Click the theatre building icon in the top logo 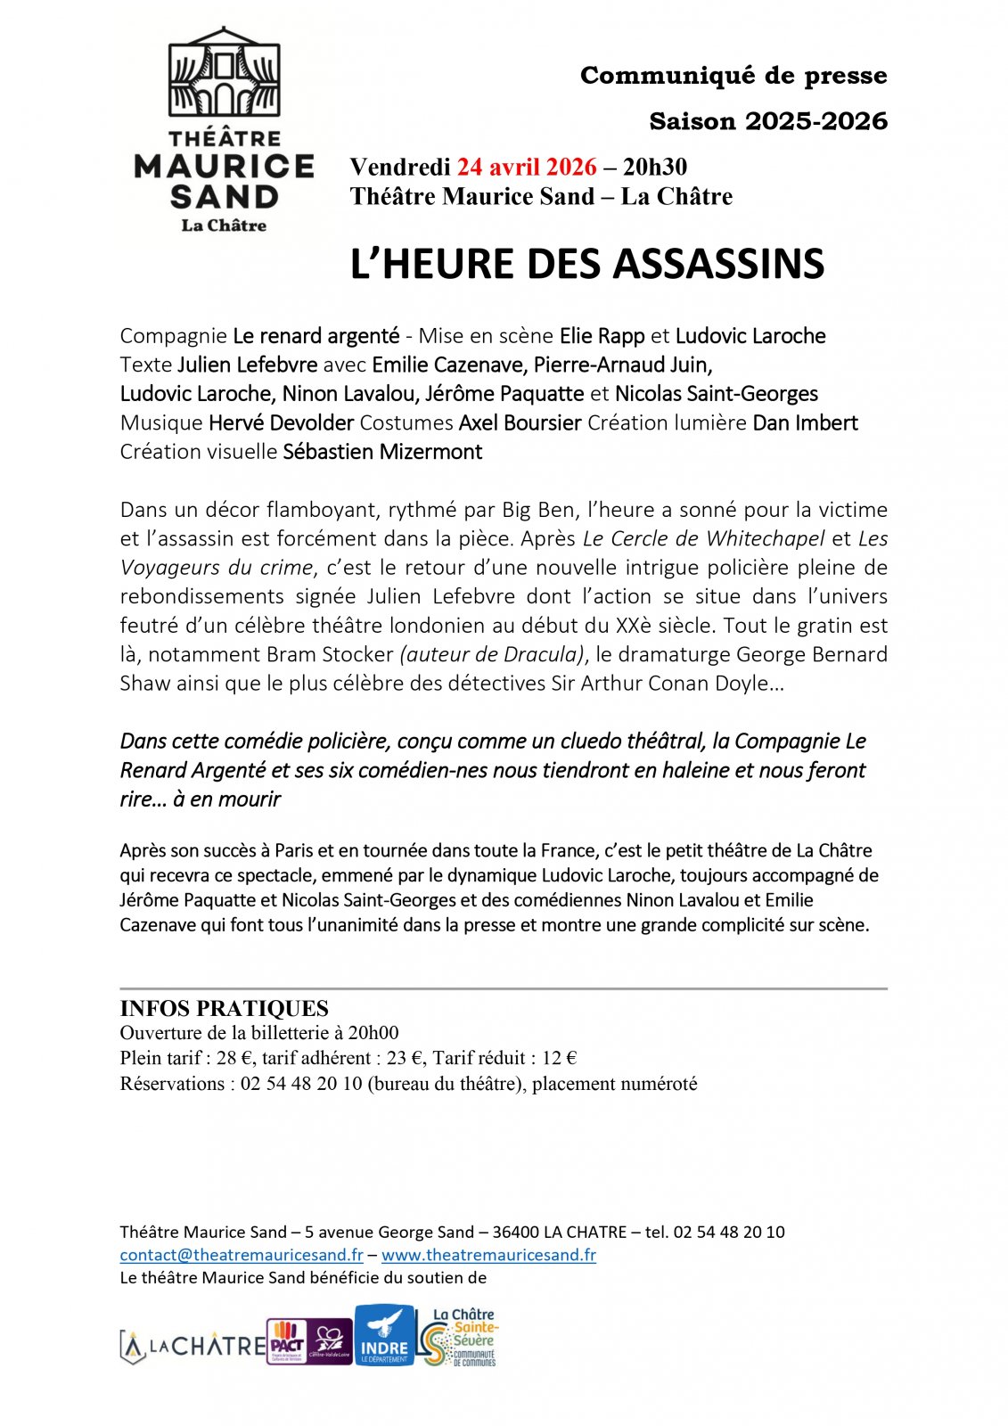coord(225,72)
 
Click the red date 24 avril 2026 coord(527,167)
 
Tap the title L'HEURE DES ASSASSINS coord(587,264)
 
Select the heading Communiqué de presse coord(733,76)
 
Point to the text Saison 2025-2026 coord(767,121)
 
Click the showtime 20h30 coord(655,167)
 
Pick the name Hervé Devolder coord(281,422)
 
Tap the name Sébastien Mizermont coord(382,452)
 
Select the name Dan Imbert coord(805,422)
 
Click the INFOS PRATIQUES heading coord(225,1008)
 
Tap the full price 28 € coord(234,1058)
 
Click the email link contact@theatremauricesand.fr coord(242,1255)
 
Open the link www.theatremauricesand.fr coord(488,1255)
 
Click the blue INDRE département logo coord(384,1335)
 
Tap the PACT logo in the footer coord(287,1341)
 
